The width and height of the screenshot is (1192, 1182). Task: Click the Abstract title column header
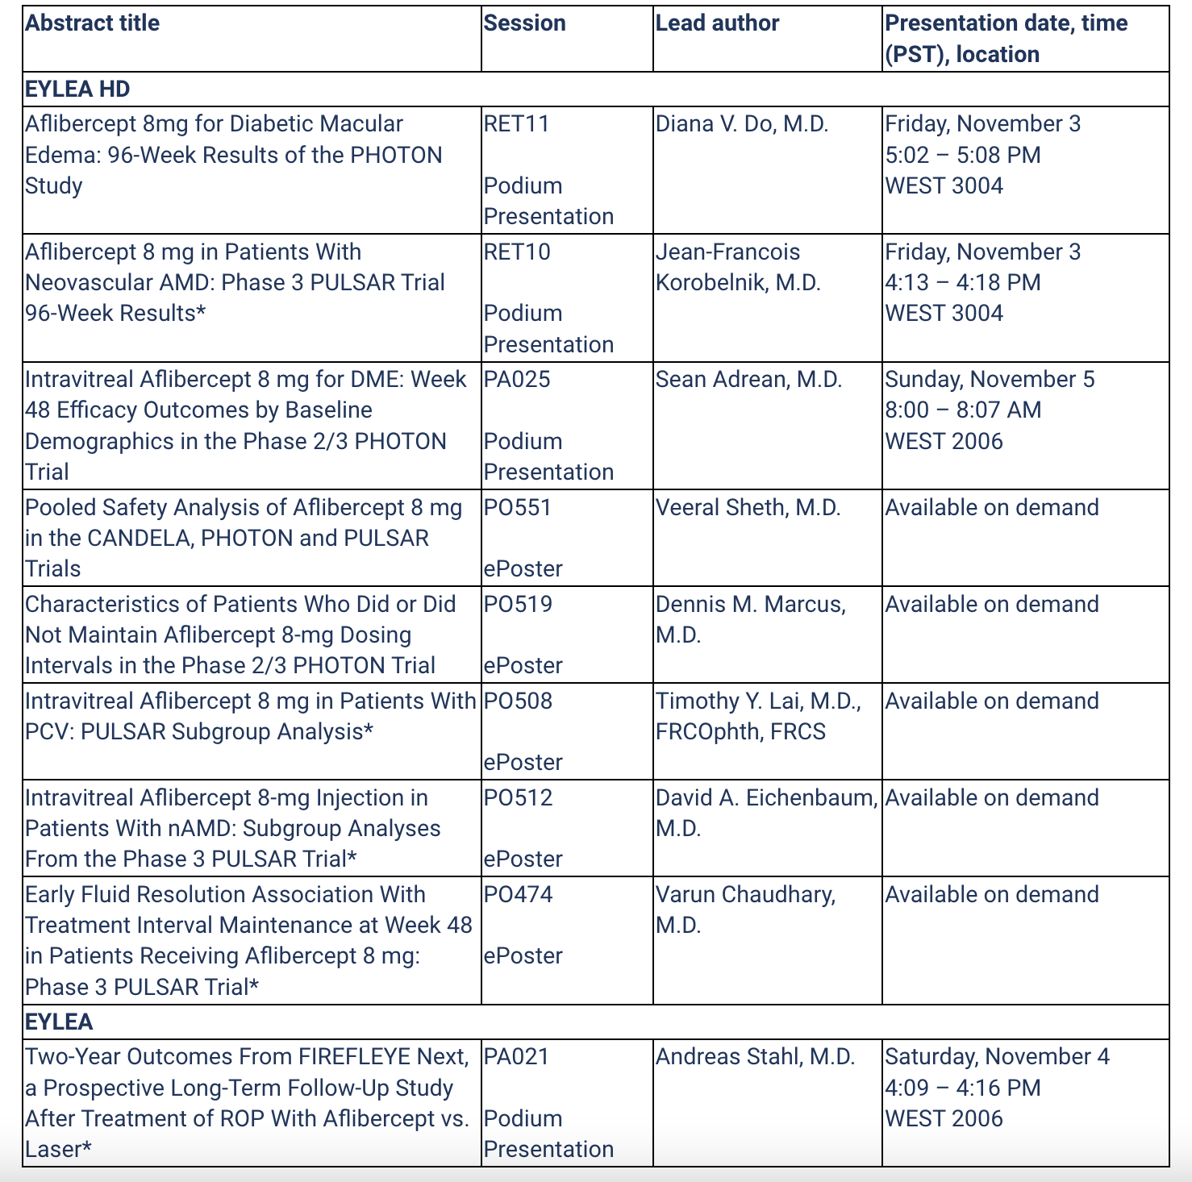(x=92, y=23)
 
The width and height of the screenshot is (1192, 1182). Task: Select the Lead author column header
(x=717, y=23)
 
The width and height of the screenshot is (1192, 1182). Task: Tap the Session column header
(x=524, y=23)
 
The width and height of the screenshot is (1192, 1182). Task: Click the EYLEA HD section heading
(x=77, y=89)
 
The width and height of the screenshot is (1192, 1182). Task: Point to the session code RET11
(x=516, y=123)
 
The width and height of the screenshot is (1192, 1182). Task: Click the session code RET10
(x=517, y=252)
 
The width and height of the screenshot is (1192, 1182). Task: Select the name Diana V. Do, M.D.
(x=742, y=123)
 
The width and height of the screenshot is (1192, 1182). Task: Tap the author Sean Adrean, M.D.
(x=748, y=379)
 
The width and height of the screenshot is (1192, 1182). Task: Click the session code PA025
(x=517, y=379)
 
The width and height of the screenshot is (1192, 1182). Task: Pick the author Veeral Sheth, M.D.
(x=748, y=507)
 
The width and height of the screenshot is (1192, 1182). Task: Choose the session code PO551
(x=518, y=507)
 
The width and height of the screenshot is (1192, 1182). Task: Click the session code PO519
(x=518, y=604)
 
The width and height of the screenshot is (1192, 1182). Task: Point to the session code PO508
(x=518, y=701)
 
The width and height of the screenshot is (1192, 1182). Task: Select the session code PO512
(x=518, y=797)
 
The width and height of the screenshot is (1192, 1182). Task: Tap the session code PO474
(x=518, y=894)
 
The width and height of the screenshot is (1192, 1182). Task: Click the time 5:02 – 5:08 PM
(x=962, y=155)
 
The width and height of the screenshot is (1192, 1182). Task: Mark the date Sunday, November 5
(x=990, y=379)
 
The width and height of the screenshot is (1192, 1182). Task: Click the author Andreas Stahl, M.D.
(x=755, y=1056)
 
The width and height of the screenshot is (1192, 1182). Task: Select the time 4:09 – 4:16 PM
(x=962, y=1088)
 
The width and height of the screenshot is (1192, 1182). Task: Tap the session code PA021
(x=516, y=1056)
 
